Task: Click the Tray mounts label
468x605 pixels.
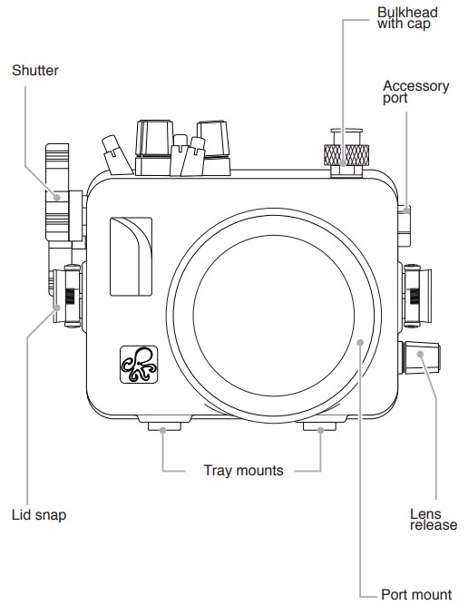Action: (243, 471)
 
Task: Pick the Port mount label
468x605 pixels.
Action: (416, 595)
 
